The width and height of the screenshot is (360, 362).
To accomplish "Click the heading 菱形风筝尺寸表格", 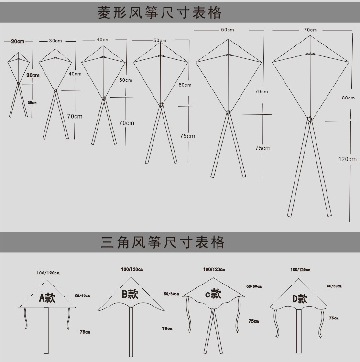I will coord(160,12).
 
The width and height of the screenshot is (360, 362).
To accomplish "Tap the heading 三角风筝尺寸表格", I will coord(163,242).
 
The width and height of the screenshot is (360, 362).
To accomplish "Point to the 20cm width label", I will coord(18,42).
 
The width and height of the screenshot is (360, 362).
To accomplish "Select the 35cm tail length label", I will coord(32,102).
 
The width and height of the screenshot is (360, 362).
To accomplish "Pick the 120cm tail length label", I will coord(347,159).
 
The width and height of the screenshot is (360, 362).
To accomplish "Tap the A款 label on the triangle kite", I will coord(47,298).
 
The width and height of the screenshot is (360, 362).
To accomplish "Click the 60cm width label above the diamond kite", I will coord(227,30).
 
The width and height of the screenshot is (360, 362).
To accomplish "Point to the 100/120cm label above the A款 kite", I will coord(48,273).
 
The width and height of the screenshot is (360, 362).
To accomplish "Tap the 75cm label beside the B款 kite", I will coord(167,329).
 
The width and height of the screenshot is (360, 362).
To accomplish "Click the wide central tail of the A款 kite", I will coord(46,330).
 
